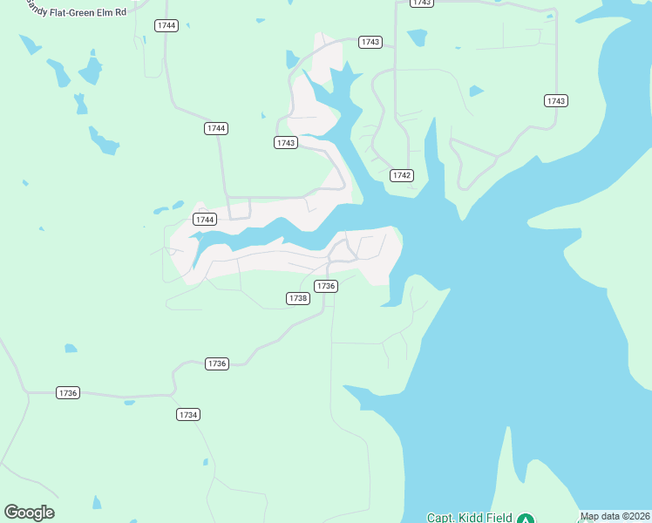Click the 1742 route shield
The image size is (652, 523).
tap(402, 175)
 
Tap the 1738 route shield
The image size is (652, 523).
tap(298, 298)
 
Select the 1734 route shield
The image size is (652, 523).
tap(188, 415)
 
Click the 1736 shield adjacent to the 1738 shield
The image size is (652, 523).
tap(326, 286)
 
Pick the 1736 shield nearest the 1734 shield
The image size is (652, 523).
tap(217, 363)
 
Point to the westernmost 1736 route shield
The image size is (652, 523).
tap(68, 393)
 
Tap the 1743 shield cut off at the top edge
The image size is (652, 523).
tap(421, 3)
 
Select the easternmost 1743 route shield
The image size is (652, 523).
tap(556, 101)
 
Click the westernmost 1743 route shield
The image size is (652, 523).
tap(286, 143)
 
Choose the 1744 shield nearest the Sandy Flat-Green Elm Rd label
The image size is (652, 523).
tap(166, 25)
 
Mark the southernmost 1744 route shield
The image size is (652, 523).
tap(205, 220)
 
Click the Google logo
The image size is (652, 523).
tap(29, 513)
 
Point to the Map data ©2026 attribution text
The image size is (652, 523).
tap(615, 516)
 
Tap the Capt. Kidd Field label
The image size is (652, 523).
tap(469, 518)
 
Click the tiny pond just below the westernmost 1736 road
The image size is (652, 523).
tap(129, 403)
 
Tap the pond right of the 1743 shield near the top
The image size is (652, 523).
tap(418, 38)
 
